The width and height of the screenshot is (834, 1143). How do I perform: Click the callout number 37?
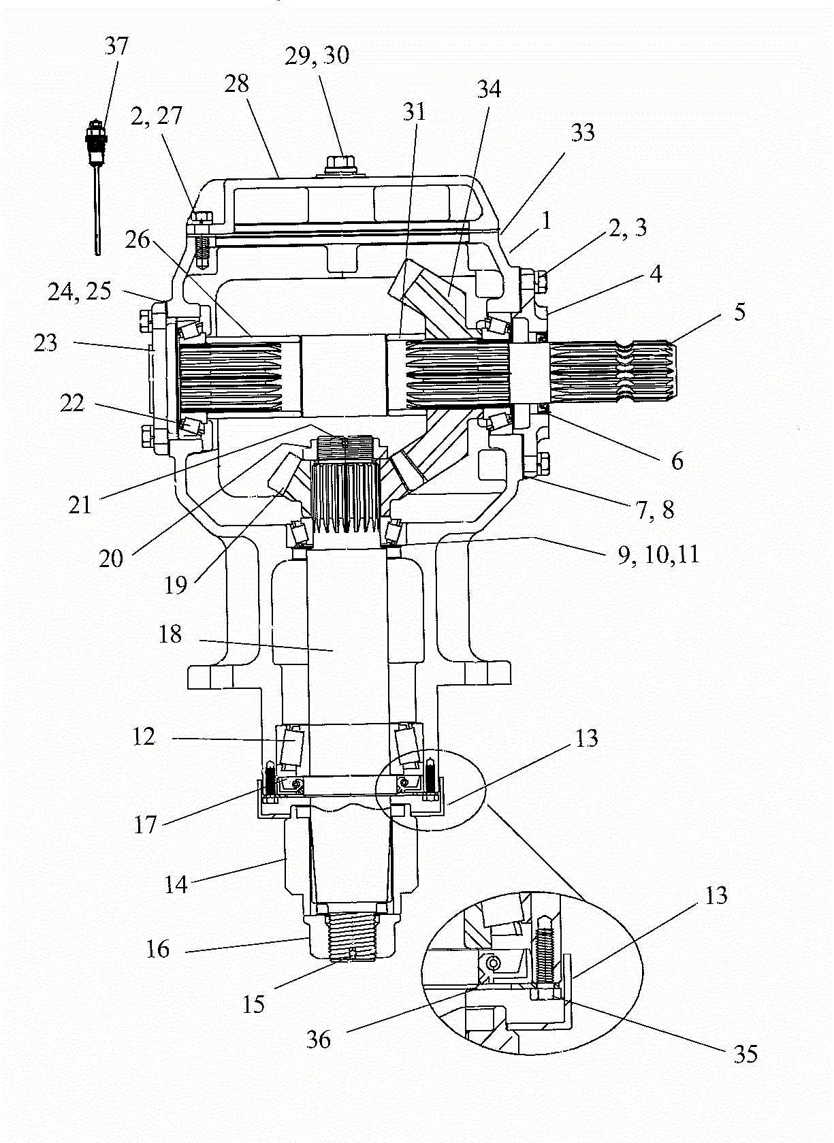coord(117,46)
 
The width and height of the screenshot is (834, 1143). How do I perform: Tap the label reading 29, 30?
coord(317,55)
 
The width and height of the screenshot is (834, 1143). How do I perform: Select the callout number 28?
coord(236,84)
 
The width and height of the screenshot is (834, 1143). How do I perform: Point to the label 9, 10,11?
coord(658,555)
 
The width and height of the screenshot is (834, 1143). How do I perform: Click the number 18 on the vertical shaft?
coord(170,634)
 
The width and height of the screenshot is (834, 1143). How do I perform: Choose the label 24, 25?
coord(80,292)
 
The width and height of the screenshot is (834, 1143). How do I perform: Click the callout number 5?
coord(739,312)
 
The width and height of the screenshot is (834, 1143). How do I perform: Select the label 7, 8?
coord(655,510)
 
